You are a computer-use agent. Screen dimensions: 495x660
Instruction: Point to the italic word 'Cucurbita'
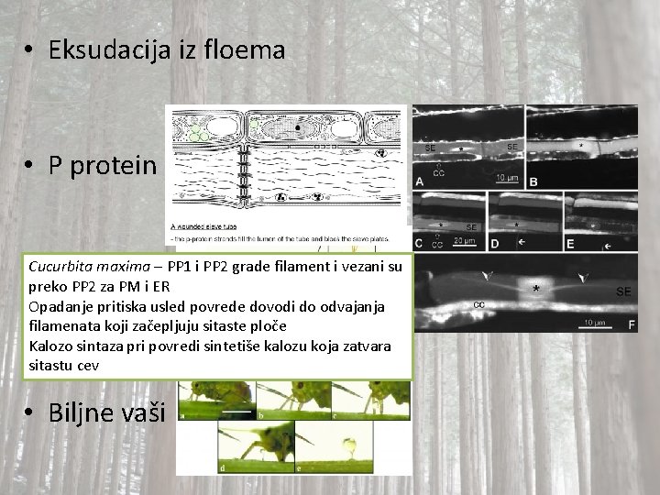click(x=60, y=268)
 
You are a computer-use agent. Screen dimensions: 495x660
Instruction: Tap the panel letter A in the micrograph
click(x=419, y=181)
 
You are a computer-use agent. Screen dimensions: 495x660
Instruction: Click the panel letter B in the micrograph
click(x=533, y=181)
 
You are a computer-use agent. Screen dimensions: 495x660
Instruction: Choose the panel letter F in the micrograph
click(x=631, y=324)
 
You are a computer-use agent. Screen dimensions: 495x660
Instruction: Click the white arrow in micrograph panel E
click(x=607, y=247)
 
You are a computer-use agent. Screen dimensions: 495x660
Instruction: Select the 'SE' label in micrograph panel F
click(x=623, y=291)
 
